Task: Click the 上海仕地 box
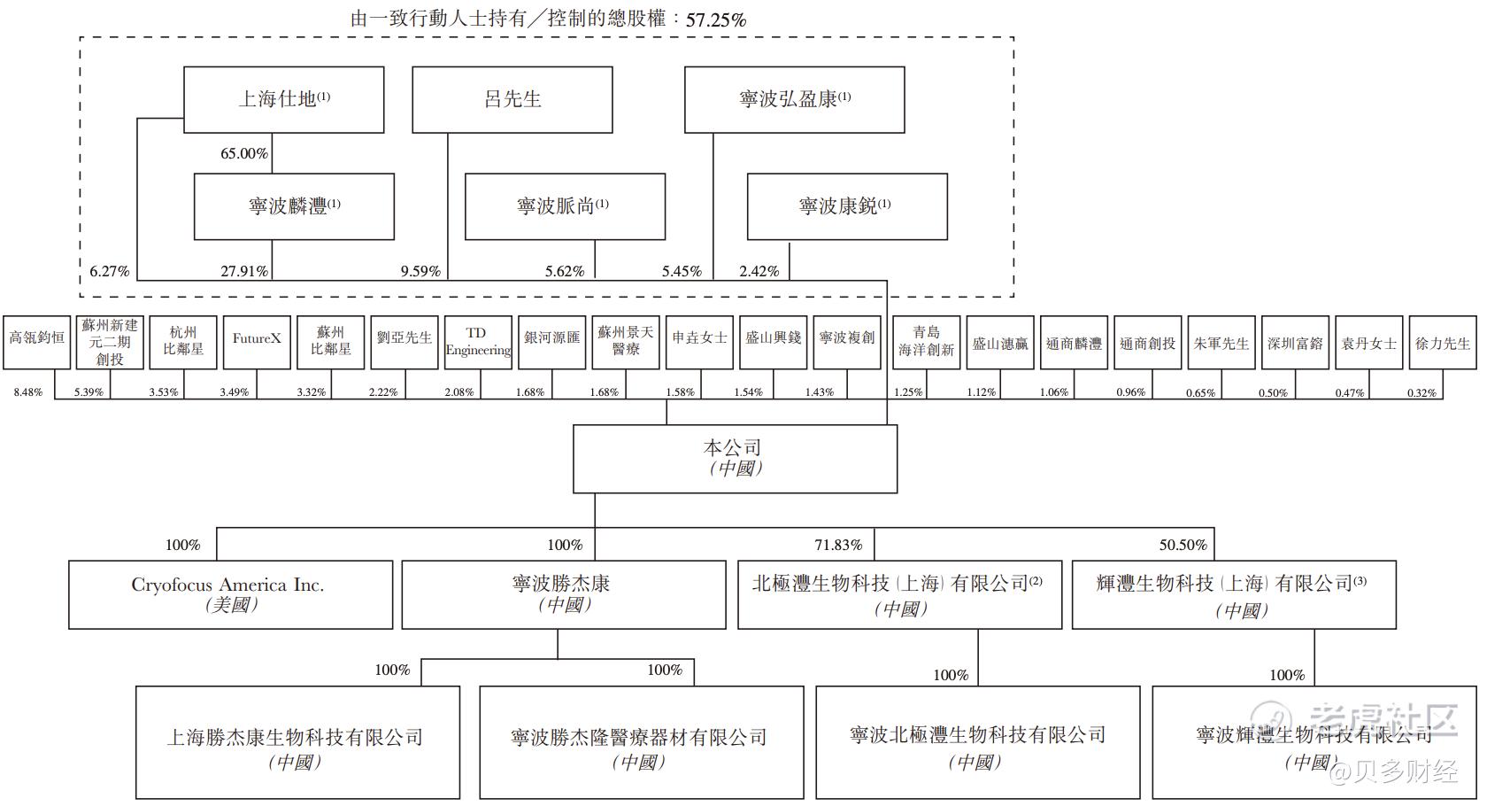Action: tap(283, 99)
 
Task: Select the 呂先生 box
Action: tap(512, 99)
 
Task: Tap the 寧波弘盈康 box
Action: tap(794, 99)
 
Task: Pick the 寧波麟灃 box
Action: tap(294, 206)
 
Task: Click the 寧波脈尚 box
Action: tap(565, 206)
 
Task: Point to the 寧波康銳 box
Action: tap(847, 206)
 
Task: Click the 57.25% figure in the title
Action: tap(715, 19)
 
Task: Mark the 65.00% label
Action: tap(243, 153)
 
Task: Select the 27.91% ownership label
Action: tap(243, 271)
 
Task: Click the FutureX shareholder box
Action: tap(257, 342)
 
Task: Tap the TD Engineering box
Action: tap(478, 342)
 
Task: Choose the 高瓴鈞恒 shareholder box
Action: tap(36, 342)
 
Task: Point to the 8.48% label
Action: tap(27, 392)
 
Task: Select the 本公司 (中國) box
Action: tap(735, 458)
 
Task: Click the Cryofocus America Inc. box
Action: tap(230, 594)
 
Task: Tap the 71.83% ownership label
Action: tap(837, 545)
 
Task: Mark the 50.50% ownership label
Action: tap(1183, 545)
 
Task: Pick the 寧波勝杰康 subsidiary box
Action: tap(563, 594)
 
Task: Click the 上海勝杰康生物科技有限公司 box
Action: tap(297, 742)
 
